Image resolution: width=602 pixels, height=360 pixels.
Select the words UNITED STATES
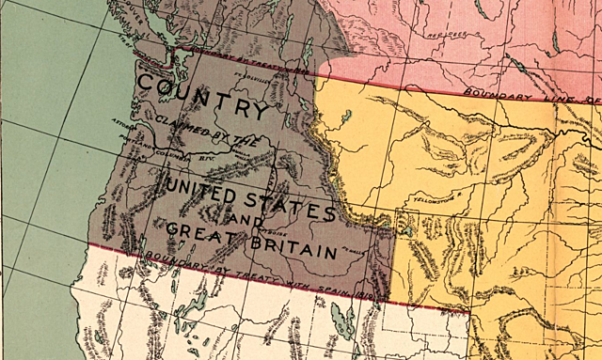[248, 193]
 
